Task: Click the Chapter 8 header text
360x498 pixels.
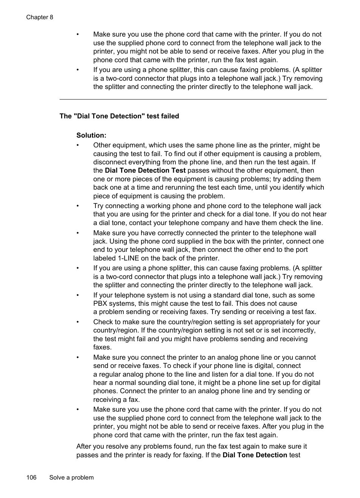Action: pyautogui.click(x=40, y=17)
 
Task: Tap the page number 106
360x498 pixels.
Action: pyautogui.click(x=31, y=477)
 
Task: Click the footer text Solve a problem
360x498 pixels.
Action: pyautogui.click(x=71, y=477)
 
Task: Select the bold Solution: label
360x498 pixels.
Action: pyautogui.click(x=91, y=135)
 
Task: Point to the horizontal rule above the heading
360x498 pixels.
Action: pyautogui.click(x=193, y=100)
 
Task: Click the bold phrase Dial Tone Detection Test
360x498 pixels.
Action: pyautogui.click(x=145, y=170)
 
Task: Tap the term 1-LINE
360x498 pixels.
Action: pyautogui.click(x=128, y=258)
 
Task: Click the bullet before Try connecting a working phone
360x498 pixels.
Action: pyautogui.click(x=78, y=206)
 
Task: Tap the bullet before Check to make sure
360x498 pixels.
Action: pyautogui.click(x=78, y=322)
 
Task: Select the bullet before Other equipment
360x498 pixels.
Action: pyautogui.click(x=78, y=145)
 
